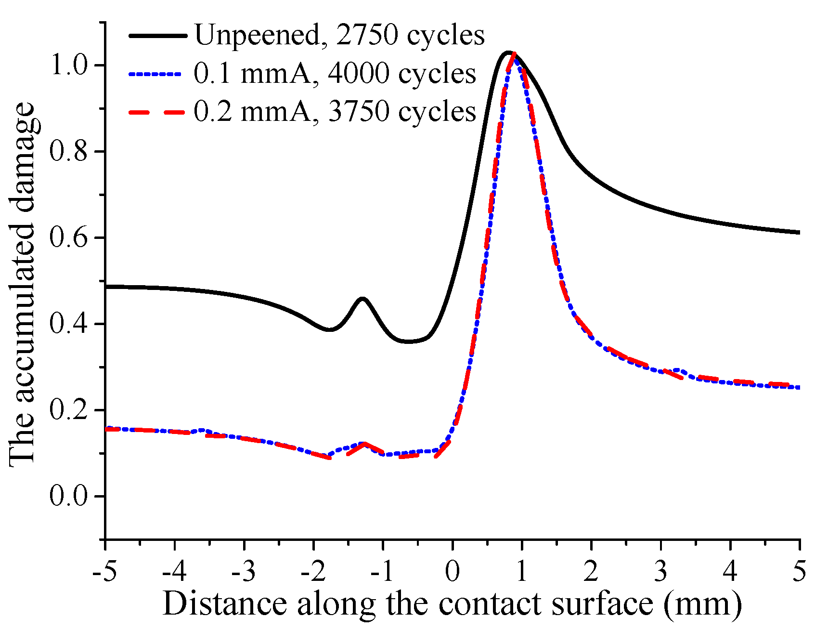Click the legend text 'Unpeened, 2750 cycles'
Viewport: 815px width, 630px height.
tap(339, 35)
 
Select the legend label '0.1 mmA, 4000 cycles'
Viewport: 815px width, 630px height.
tap(335, 74)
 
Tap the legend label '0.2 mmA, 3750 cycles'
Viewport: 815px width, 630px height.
tap(335, 112)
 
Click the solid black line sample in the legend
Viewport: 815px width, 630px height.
tap(157, 35)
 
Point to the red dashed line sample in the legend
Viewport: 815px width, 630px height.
tap(157, 112)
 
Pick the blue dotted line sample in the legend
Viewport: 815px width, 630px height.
tap(157, 74)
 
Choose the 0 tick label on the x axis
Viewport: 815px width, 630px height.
tap(452, 572)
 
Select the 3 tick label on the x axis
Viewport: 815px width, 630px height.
tap(661, 572)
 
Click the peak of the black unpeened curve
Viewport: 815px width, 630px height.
tap(508, 52)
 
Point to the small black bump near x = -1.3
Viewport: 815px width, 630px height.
tap(362, 299)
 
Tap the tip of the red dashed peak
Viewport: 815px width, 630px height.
tap(514, 54)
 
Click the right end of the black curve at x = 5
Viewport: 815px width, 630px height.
tap(798, 233)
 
